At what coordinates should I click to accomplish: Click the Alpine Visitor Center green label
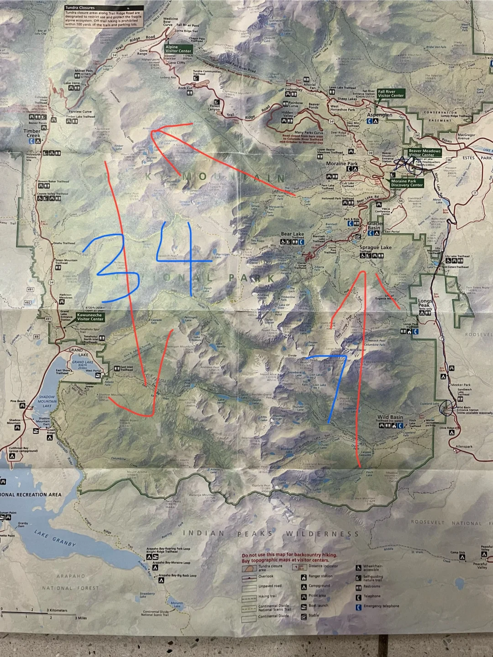coord(178,49)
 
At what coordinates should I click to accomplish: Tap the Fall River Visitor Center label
coord(391,94)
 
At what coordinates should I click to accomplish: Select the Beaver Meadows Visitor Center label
coord(424,152)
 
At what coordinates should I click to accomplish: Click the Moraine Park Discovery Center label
coord(407,183)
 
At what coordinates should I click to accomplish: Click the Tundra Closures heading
coord(80,8)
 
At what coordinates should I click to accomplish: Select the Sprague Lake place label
coord(375,247)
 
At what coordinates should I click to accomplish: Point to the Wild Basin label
coord(390,417)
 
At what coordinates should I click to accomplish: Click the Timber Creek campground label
coord(32,133)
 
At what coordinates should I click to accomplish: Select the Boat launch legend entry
coord(319,606)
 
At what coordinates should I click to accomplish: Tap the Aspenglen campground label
coord(379,116)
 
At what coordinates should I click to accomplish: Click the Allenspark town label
coord(464,447)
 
